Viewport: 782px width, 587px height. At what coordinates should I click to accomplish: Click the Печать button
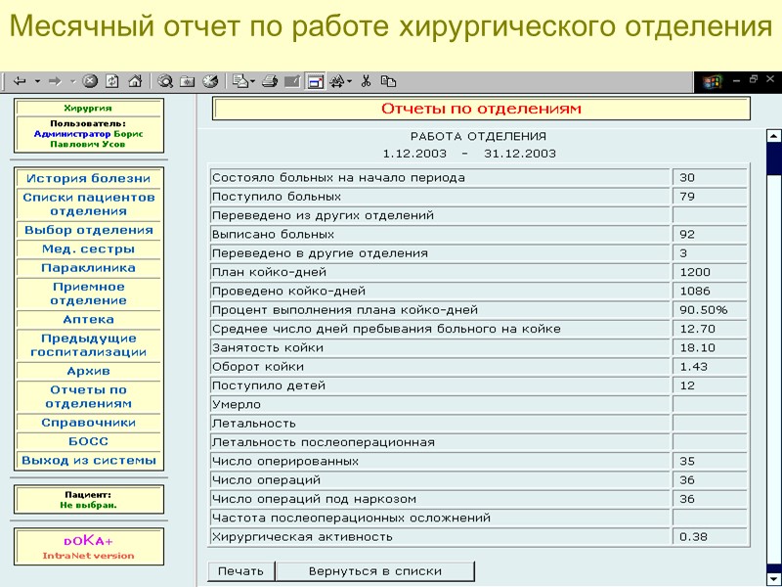tap(240, 571)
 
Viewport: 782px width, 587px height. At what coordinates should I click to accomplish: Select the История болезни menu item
tap(88, 178)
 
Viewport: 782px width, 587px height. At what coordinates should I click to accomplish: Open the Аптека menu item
tap(88, 319)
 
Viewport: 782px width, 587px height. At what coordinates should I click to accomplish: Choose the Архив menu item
tap(88, 371)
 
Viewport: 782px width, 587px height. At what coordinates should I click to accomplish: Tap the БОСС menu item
tap(88, 441)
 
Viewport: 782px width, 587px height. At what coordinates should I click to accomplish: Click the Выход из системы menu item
tap(88, 460)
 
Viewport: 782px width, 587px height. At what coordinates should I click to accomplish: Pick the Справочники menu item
tap(88, 423)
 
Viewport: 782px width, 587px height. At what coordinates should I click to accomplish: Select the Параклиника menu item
tap(88, 267)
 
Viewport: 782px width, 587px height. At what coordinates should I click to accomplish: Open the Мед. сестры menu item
tap(88, 248)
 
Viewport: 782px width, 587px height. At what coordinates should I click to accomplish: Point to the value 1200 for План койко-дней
tap(695, 272)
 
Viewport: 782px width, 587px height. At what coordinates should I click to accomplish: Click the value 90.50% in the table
tap(703, 310)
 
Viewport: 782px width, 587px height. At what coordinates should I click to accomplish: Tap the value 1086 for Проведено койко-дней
tap(695, 291)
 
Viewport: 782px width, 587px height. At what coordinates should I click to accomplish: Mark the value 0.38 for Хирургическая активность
tap(693, 536)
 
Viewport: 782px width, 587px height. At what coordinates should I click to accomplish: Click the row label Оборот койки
tap(258, 366)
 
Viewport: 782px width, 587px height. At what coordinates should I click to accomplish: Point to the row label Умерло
tap(237, 404)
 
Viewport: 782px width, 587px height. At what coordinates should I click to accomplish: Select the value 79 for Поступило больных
tap(687, 197)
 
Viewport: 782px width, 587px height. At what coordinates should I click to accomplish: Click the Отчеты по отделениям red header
tap(481, 109)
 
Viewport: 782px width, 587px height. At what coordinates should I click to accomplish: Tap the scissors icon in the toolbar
tap(366, 81)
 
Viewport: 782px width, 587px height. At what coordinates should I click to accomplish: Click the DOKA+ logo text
tap(88, 541)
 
